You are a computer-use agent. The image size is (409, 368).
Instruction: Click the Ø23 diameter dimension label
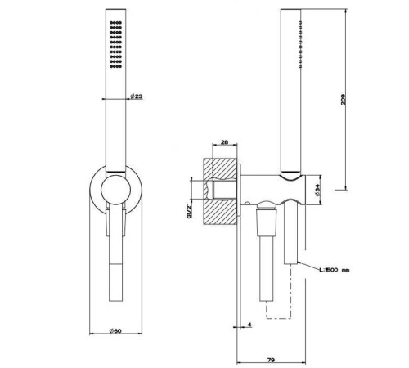click(137, 96)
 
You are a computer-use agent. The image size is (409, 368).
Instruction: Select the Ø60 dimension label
click(115, 330)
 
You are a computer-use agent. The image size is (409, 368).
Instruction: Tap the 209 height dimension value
click(343, 100)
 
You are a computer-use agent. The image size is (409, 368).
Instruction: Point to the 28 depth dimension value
click(224, 142)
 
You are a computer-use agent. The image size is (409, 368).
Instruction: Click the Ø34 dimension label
click(317, 190)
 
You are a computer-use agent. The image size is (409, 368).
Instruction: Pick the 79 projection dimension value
click(271, 360)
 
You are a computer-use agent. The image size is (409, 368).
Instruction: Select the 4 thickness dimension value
click(249, 325)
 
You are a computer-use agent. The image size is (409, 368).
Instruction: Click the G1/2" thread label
click(188, 211)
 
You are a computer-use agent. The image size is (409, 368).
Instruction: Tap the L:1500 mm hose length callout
click(335, 270)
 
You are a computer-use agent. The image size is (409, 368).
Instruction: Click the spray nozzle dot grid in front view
click(115, 44)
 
